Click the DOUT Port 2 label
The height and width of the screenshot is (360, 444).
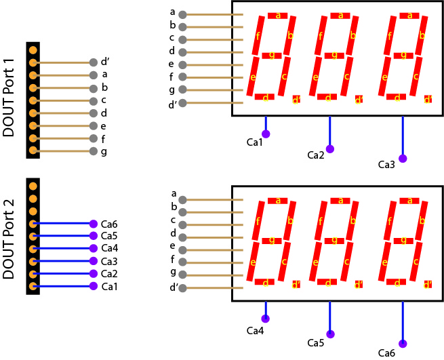point(9,236)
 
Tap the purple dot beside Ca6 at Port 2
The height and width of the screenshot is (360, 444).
point(93,224)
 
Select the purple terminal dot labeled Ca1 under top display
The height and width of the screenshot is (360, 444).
point(266,134)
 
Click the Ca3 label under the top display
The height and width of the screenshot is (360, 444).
point(386,165)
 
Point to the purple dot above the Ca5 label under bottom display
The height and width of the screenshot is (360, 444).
point(330,334)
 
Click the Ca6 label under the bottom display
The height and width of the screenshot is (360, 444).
point(386,353)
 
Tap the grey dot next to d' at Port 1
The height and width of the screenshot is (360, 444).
point(93,62)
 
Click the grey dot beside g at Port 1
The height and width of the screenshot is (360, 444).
point(93,151)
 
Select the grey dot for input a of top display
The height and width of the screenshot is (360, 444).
point(182,14)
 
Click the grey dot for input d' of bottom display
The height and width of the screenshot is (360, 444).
point(182,288)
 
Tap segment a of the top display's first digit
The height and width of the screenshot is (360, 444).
point(277,16)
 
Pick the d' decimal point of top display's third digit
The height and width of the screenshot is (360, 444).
point(428,100)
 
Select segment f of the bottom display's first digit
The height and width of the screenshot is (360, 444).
point(258,220)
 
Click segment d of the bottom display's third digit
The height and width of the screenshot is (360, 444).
point(397,282)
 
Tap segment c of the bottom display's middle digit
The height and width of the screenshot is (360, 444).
point(346,261)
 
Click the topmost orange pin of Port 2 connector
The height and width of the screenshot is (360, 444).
point(33,186)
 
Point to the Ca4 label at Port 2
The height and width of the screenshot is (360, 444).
point(109,249)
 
